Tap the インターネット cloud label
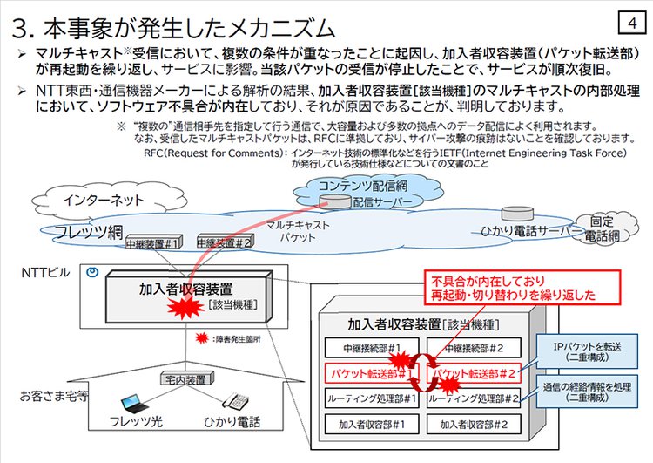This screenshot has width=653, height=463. [x=104, y=200]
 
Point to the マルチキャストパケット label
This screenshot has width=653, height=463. [x=292, y=230]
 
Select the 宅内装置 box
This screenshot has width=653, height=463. [x=184, y=379]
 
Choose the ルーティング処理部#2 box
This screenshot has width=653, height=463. [x=475, y=398]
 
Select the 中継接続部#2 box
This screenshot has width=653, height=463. [x=475, y=348]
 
